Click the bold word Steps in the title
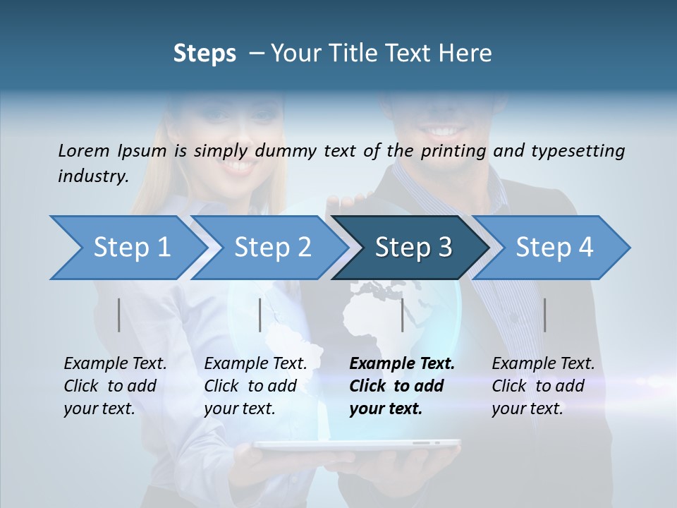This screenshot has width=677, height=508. (x=205, y=54)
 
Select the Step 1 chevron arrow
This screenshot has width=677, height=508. (x=127, y=247)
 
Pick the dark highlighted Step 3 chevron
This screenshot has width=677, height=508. (x=413, y=247)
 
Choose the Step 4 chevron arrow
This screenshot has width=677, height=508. (x=554, y=247)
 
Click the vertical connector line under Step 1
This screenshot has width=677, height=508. (x=118, y=315)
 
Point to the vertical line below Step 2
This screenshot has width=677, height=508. (x=260, y=315)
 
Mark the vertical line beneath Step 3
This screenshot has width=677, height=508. (x=403, y=315)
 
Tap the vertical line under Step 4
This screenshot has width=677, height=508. (x=544, y=315)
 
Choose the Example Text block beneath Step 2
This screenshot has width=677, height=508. (x=255, y=386)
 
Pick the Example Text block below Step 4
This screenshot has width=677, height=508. (x=542, y=386)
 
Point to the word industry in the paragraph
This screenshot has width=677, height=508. (x=92, y=176)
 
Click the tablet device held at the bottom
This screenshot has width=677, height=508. (x=356, y=445)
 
